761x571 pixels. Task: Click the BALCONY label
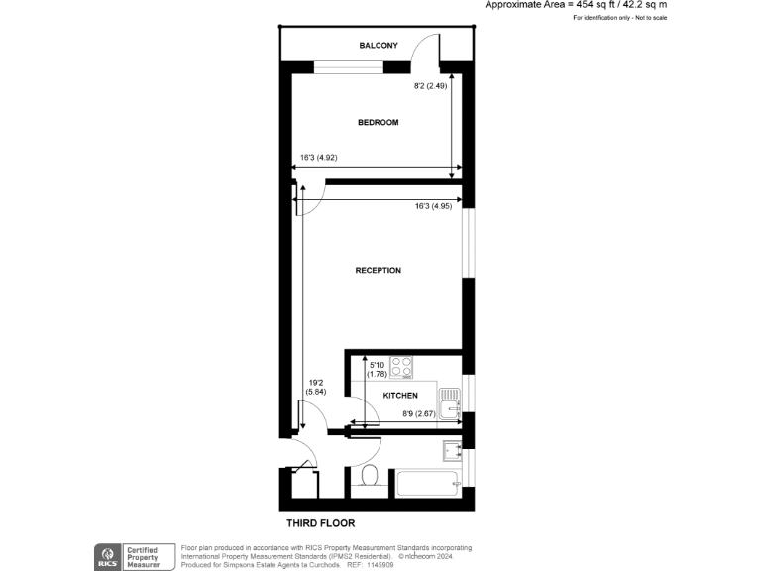coord(378,46)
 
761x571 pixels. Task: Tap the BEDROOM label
coord(378,122)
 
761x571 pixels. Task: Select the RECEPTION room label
coord(378,270)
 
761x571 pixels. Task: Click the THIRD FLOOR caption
coord(320,522)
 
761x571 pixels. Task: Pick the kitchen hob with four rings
coord(401,367)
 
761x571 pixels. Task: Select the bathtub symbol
coord(427,485)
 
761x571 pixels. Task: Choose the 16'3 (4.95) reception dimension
coord(433,206)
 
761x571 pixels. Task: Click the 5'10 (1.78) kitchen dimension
coord(377,368)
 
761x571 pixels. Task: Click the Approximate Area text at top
coord(575,5)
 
